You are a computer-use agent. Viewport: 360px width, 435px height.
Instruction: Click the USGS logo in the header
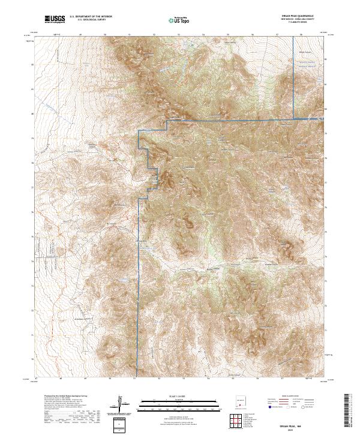point(55,20)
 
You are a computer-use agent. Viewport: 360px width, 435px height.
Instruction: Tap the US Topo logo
point(177,20)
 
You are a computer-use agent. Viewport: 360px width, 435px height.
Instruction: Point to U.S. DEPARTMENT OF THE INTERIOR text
point(91,17)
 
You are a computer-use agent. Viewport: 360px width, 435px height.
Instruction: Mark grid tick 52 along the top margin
point(154,35)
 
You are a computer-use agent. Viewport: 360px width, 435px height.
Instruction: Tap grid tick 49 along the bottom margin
point(85,380)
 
